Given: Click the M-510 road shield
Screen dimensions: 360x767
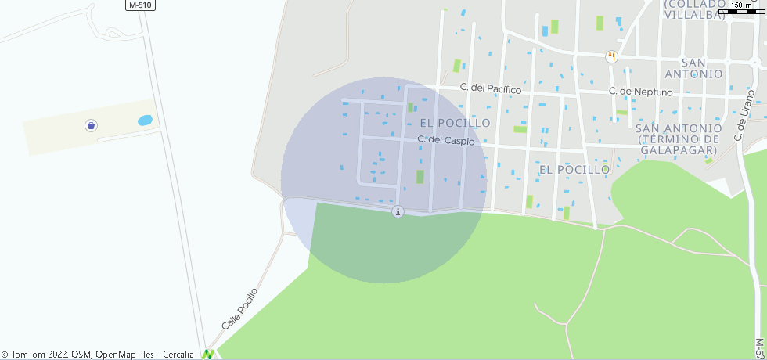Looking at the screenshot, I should click(141, 5).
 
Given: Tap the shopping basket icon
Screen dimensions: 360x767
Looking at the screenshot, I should click(92, 125).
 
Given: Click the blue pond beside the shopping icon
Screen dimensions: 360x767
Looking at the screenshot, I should click(145, 121).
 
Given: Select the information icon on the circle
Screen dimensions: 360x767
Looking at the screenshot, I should click(398, 211).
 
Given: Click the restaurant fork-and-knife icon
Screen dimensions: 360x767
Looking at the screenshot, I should click(611, 56).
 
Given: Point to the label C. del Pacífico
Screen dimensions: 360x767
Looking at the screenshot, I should click(491, 89).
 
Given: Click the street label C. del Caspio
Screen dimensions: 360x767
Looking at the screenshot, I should click(446, 140).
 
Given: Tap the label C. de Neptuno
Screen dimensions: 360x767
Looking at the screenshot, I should click(641, 92).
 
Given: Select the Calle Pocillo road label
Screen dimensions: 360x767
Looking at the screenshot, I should click(239, 308).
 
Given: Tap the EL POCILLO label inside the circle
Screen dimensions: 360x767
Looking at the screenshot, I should click(455, 123).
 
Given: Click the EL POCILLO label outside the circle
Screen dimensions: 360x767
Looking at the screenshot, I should click(574, 169).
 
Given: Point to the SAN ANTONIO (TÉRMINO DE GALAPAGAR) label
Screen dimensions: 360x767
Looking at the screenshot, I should click(678, 139).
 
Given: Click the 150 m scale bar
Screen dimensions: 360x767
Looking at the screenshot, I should click(741, 9).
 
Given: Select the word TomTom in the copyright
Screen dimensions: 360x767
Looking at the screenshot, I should click(28, 355).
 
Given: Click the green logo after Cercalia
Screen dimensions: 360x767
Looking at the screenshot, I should click(207, 355).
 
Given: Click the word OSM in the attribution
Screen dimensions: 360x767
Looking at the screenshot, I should click(81, 355).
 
